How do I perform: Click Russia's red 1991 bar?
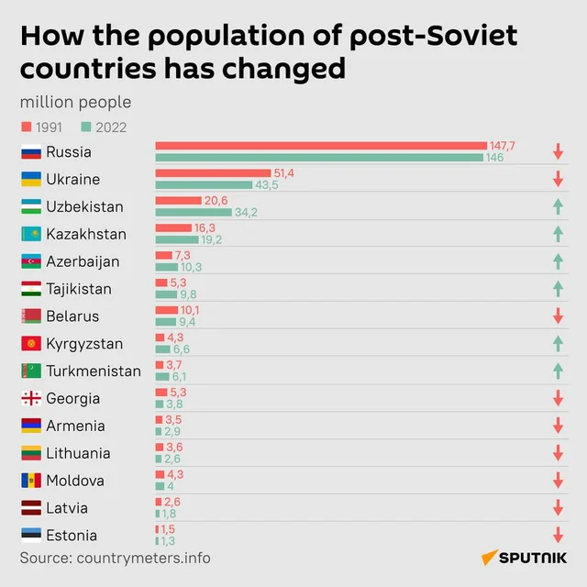321,146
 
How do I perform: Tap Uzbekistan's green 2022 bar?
194,212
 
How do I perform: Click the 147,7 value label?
503,146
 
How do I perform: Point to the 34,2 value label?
246,213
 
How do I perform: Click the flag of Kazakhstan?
30,234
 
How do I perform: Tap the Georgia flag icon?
30,399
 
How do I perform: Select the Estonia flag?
30,536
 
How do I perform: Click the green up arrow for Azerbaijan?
558,261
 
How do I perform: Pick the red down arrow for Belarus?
558,316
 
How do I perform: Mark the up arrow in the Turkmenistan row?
558,371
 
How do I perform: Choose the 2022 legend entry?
104,127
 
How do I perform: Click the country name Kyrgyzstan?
84,344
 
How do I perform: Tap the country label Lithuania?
78,453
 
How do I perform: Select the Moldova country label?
75,481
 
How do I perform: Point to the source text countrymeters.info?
115,558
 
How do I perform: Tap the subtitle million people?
75,102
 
